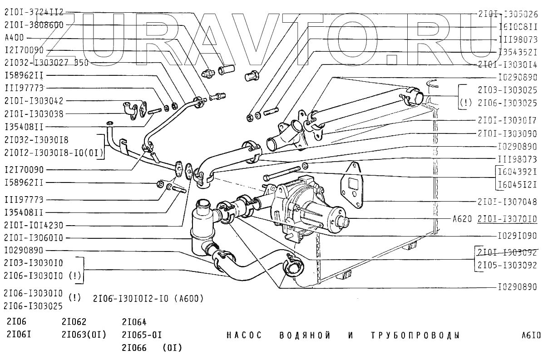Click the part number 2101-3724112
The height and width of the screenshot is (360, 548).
coord(34,12)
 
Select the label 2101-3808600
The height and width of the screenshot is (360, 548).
coord(34,25)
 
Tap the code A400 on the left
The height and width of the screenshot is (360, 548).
coord(14,38)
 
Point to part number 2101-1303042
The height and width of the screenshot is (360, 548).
coord(34,101)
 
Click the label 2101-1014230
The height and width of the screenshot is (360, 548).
coord(34,225)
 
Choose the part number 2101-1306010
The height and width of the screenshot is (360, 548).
coord(34,237)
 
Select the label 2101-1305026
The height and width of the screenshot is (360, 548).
coord(508,14)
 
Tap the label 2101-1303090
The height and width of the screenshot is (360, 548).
coord(508,134)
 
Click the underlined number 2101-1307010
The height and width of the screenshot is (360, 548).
coord(508,219)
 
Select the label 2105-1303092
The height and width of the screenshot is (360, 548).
coord(508,265)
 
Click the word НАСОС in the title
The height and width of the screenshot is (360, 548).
coord(244,336)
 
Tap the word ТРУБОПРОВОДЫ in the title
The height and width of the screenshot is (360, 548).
coord(415,336)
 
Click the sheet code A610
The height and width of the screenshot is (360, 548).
coord(531,336)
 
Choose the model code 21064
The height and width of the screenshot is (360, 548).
coord(134,323)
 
